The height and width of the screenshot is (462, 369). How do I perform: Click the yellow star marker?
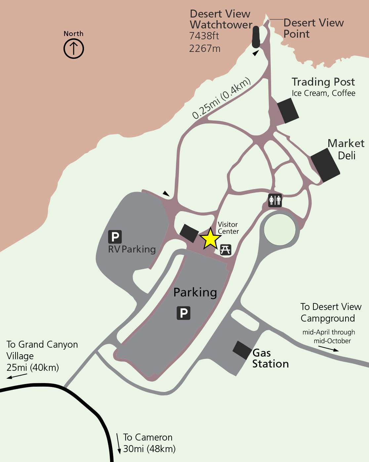tap(210, 238)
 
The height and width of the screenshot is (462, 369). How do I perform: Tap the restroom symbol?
tap(275, 200)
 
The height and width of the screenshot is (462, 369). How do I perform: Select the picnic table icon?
tap(225, 250)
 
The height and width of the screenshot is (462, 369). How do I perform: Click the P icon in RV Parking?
tap(115, 237)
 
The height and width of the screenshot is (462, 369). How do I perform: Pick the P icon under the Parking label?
tap(184, 313)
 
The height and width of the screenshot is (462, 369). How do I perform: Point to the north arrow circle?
tap(73, 49)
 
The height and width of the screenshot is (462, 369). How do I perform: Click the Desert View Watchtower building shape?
tap(256, 37)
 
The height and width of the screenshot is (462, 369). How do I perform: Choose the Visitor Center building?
tap(189, 233)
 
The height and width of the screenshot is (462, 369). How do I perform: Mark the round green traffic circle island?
tap(280, 229)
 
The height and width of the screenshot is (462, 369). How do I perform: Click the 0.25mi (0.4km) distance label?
tap(221, 98)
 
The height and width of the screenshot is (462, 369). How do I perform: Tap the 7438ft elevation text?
tap(204, 36)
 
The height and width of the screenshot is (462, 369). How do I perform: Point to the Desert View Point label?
tap(313, 28)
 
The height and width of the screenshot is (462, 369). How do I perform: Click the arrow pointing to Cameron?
tap(119, 443)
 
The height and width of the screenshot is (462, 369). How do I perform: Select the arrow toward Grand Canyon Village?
tap(17, 376)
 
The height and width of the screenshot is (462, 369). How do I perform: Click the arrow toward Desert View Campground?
tap(329, 349)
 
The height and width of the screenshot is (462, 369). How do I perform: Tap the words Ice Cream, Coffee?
tap(323, 93)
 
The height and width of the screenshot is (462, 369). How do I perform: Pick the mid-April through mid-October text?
tap(329, 336)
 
